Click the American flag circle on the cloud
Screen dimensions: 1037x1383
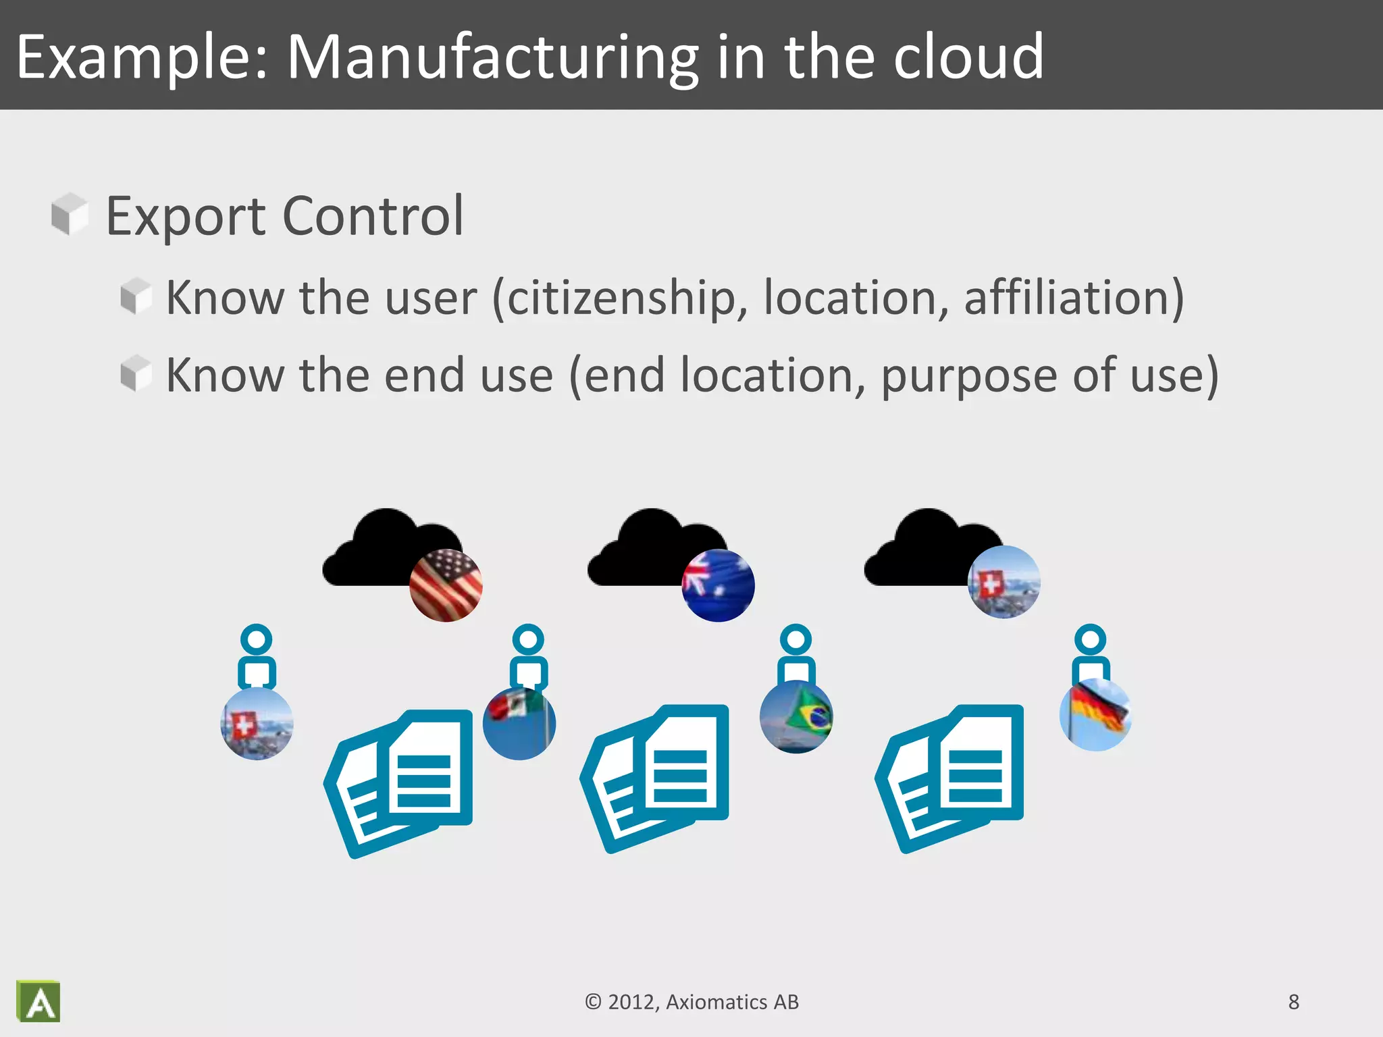(x=446, y=585)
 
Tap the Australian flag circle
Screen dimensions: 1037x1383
(x=718, y=585)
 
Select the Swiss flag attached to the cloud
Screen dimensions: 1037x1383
(x=1003, y=582)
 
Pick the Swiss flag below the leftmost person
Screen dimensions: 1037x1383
(x=257, y=724)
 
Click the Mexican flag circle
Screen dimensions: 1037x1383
(x=519, y=722)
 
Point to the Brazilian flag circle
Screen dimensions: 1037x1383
(x=795, y=717)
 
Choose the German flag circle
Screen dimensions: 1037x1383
(x=1095, y=714)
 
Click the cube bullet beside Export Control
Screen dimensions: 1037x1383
(x=70, y=214)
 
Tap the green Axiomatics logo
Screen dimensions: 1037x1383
(x=38, y=1001)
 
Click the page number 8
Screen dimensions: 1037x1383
(x=1293, y=1002)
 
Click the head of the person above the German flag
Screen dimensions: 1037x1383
(x=1090, y=639)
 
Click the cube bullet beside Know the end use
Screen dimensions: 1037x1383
(x=136, y=373)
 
